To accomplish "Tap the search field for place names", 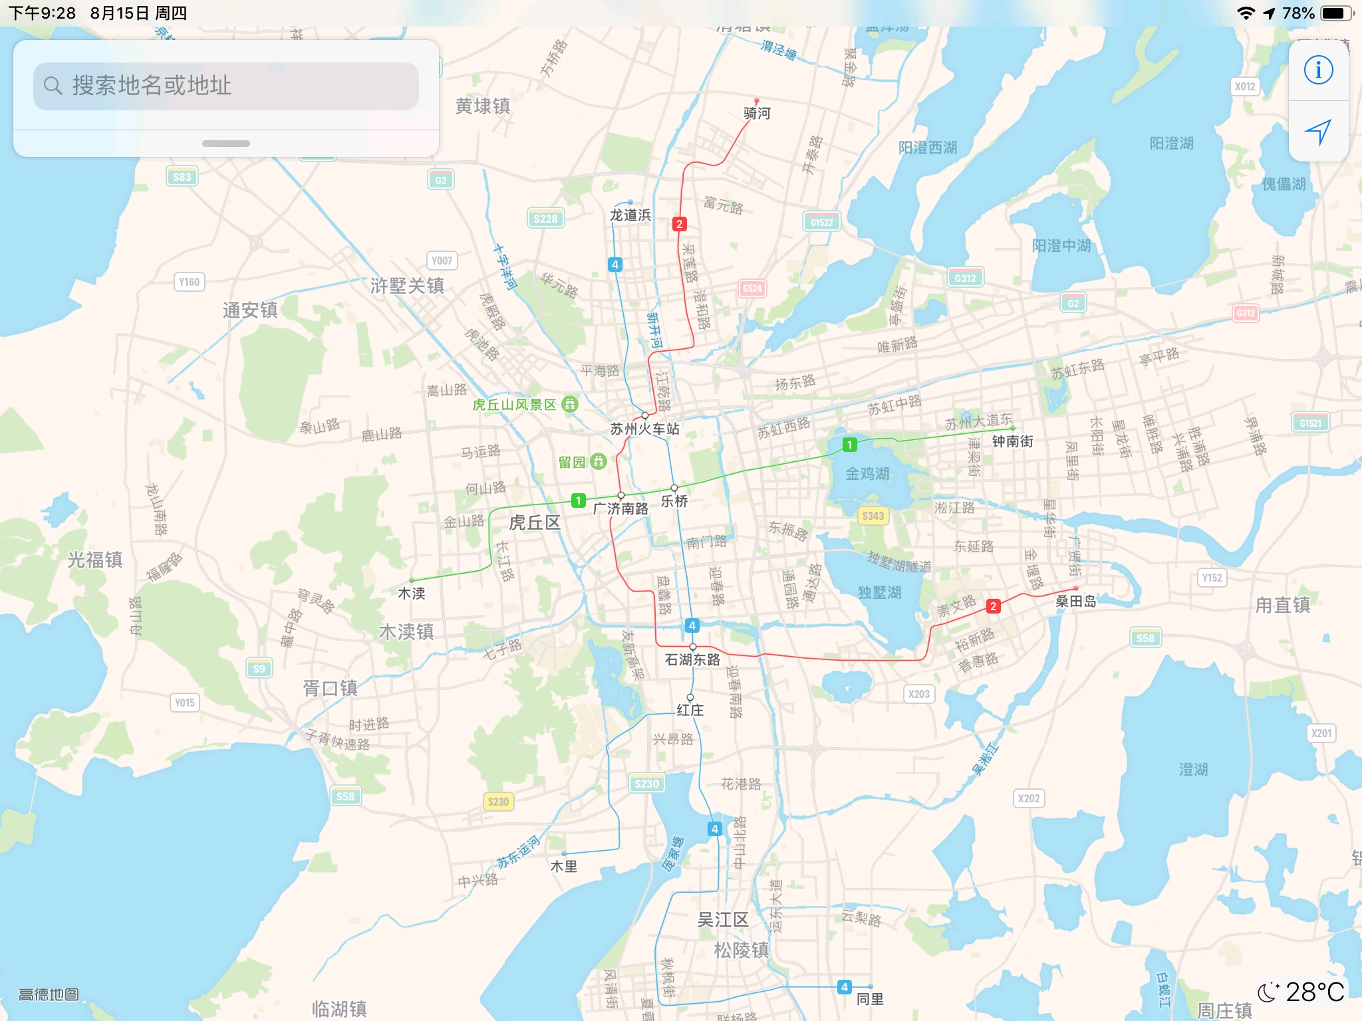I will (226, 86).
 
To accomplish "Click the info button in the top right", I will (1318, 70).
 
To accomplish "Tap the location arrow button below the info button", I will (1318, 132).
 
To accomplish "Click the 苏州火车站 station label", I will (644, 429).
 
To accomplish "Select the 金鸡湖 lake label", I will (867, 474).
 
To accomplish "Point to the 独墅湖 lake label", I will (879, 592).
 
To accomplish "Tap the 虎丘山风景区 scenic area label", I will (515, 404).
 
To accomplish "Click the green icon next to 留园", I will (599, 461).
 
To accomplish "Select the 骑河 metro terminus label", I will (757, 114).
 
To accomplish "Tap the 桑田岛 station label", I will (1075, 602).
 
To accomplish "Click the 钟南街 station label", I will (1012, 441).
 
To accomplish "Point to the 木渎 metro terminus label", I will (411, 593).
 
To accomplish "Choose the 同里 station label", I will (870, 999).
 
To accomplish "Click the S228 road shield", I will (545, 219).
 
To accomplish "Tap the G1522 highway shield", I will (821, 223).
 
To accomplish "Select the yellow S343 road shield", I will (873, 516).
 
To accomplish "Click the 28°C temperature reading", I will (1314, 992).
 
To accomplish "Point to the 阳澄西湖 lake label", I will (928, 148).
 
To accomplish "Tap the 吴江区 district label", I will (723, 920).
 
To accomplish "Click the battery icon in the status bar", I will (1335, 13).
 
